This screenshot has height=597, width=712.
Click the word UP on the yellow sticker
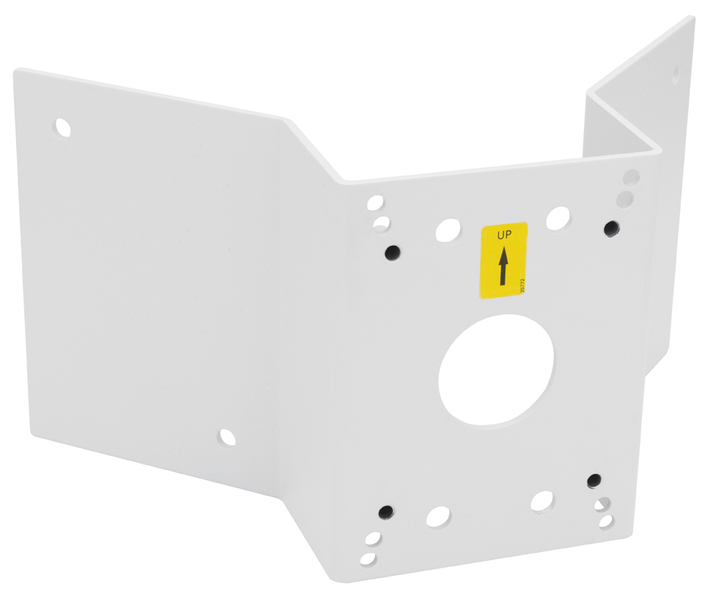coord(503,236)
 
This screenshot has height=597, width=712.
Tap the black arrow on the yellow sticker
coord(503,267)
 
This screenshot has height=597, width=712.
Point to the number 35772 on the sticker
coord(523,285)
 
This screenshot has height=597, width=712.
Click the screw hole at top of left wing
coord(63,127)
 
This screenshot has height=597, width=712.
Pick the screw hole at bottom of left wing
coord(227,437)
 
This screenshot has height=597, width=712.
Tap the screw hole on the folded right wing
coord(675,72)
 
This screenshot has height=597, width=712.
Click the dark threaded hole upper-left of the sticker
coord(394,252)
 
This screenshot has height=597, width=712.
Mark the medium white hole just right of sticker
coord(558,217)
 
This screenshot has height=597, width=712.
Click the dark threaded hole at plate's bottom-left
coord(385,510)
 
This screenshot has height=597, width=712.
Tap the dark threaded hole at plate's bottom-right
coord(594,481)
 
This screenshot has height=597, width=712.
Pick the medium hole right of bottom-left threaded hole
coord(438,515)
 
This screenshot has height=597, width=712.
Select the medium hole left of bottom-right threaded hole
coord(541,501)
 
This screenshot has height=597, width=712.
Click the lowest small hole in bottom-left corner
coord(368,559)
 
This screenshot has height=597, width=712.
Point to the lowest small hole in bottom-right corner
coord(605,521)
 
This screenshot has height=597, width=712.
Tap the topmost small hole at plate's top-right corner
coord(630,177)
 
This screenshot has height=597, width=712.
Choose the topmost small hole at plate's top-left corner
coord(375,201)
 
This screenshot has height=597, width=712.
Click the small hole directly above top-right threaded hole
coord(624,197)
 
